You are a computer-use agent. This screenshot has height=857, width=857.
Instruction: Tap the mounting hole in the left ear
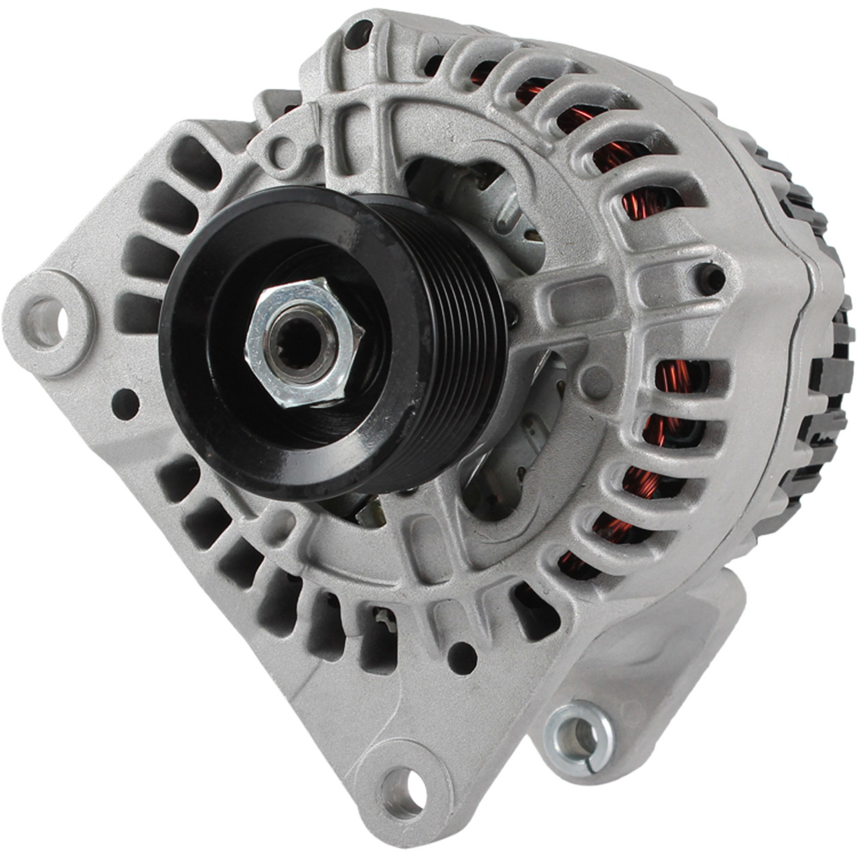point(46,323)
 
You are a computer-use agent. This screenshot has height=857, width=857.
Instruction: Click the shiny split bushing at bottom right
point(577,734)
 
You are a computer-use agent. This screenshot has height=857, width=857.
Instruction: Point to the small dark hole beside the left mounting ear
point(125,404)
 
